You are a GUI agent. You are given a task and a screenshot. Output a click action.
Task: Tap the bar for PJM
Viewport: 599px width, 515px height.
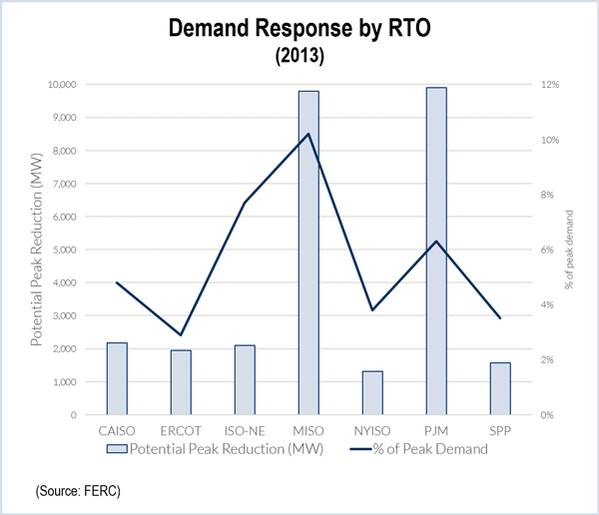(x=436, y=251)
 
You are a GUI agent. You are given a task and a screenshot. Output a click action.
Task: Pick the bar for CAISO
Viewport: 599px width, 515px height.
(x=117, y=378)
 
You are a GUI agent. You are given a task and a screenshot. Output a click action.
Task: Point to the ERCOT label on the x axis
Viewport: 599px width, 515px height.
(x=181, y=430)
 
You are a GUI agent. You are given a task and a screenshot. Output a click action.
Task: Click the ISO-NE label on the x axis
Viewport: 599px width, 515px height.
(x=245, y=430)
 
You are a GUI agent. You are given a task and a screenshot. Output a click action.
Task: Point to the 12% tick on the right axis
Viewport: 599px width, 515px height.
(x=549, y=85)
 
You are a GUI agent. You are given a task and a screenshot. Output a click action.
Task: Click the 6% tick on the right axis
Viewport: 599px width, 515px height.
(x=548, y=250)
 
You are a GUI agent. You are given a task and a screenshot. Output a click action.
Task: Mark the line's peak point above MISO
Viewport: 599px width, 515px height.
(x=308, y=134)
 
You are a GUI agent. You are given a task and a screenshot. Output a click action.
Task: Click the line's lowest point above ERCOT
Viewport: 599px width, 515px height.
(x=181, y=334)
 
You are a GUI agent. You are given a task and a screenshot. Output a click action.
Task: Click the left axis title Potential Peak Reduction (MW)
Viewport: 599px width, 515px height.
(x=38, y=251)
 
